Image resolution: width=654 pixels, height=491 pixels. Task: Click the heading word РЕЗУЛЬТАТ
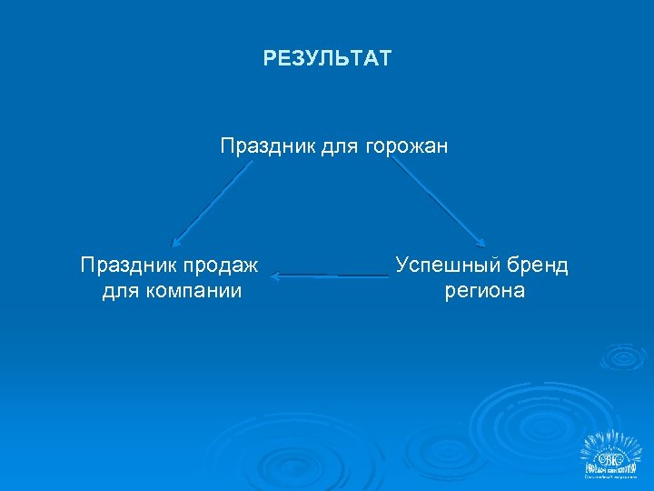tap(327, 59)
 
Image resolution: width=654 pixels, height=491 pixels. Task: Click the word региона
tap(484, 291)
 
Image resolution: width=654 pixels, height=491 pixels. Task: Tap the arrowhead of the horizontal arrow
tap(276, 274)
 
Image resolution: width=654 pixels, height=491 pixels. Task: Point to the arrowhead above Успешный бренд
tap(482, 243)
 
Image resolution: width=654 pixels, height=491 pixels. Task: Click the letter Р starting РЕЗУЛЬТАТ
tap(270, 59)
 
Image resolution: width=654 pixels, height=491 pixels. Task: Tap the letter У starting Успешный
tap(402, 266)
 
